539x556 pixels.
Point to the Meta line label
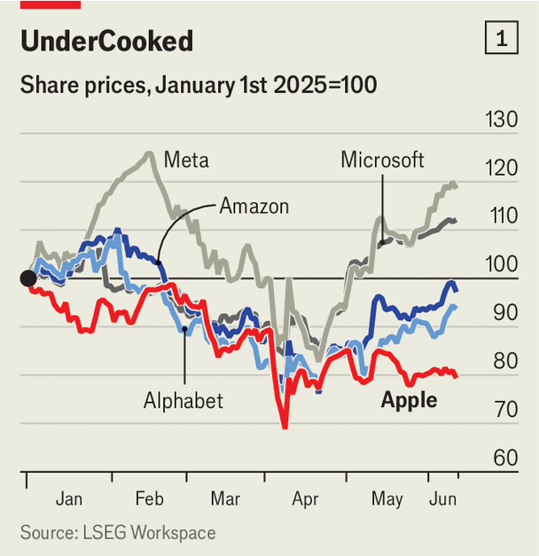pos(186,161)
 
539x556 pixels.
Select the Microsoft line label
pos(382,160)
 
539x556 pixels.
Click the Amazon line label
pos(254,207)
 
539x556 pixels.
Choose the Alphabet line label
pos(184,401)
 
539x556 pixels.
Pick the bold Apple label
pos(409,400)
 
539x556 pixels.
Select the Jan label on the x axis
pos(69,499)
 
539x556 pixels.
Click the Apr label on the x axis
pos(306,499)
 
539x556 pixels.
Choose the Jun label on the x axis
pos(443,499)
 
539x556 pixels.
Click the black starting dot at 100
pos(28,278)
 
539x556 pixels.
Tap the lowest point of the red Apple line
pos(285,427)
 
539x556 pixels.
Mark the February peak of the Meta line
pos(146,153)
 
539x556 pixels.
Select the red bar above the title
pos(51,4)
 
